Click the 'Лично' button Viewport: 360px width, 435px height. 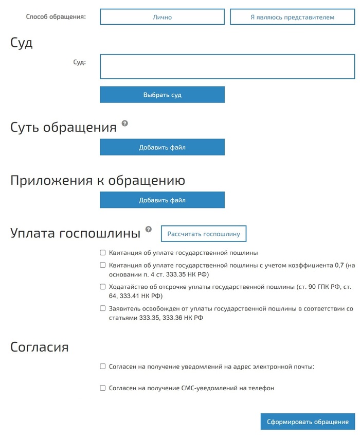click(x=162, y=17)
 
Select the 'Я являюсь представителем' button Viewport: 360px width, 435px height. click(x=292, y=17)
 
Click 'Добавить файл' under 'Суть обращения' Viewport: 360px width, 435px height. click(x=162, y=147)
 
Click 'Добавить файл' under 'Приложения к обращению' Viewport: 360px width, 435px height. click(x=162, y=200)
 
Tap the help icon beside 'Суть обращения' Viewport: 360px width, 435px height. click(x=124, y=124)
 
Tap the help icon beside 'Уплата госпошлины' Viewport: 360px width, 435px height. click(x=149, y=229)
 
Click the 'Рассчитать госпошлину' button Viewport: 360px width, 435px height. click(x=204, y=234)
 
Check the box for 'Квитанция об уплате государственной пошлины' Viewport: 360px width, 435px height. click(x=103, y=253)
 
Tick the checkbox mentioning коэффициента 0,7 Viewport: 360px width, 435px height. click(x=103, y=265)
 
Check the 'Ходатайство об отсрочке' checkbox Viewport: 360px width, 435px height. click(x=103, y=287)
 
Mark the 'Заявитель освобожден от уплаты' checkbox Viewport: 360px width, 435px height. click(x=103, y=308)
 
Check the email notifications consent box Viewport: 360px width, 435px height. click(x=103, y=367)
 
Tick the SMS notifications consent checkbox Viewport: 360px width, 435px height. click(x=103, y=388)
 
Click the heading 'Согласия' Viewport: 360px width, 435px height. click(x=40, y=347)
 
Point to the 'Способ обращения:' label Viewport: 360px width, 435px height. click(x=56, y=16)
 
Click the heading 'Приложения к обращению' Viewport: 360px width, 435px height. click(x=98, y=181)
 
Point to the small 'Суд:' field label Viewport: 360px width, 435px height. click(x=80, y=62)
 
